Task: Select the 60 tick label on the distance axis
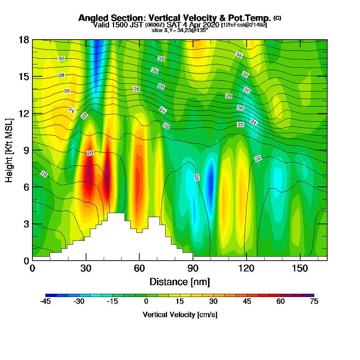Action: click(139, 269)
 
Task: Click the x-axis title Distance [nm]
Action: click(180, 282)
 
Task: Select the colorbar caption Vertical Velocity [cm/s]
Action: click(180, 315)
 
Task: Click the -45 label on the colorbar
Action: click(45, 302)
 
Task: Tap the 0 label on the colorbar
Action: click(146, 302)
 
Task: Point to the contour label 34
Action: click(239, 54)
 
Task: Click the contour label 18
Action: click(44, 174)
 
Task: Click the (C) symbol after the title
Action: click(277, 18)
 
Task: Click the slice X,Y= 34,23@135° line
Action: click(180, 31)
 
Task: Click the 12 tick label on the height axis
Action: click(24, 113)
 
